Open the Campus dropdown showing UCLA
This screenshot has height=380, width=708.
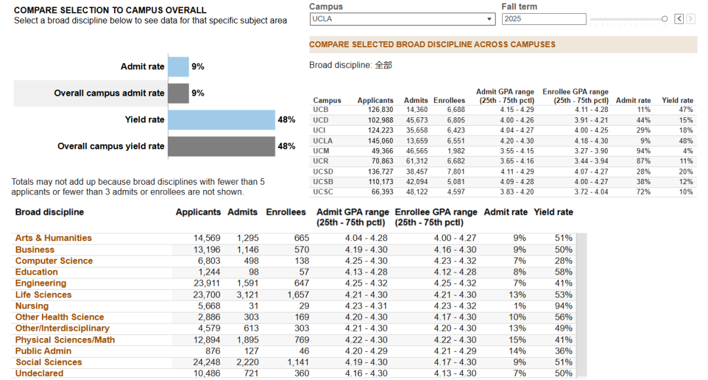(x=403, y=19)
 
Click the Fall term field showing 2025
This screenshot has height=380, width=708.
(x=544, y=19)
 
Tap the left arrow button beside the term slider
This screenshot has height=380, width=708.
(x=679, y=18)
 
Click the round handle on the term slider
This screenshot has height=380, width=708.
(x=665, y=19)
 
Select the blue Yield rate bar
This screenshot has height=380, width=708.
(x=222, y=120)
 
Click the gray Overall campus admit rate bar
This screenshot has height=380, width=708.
(x=178, y=93)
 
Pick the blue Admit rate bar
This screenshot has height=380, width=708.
(x=178, y=67)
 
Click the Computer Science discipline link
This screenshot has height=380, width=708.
(x=54, y=261)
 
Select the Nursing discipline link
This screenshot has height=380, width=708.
(x=31, y=306)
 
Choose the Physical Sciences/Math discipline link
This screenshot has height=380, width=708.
(x=65, y=340)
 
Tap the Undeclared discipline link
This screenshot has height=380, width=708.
(x=39, y=373)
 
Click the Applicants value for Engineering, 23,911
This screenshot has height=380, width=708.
(x=206, y=284)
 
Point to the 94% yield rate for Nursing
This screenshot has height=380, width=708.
(x=564, y=306)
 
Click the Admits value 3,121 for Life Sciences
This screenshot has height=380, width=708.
(x=248, y=295)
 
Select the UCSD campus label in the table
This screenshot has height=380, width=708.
(x=323, y=172)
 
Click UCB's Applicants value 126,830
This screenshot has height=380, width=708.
(x=380, y=109)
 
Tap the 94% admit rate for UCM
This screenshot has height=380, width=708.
(x=644, y=151)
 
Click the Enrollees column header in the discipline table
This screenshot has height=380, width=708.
(x=286, y=212)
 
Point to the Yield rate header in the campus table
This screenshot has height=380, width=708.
(x=677, y=101)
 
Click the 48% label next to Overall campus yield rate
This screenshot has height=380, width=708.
(x=286, y=146)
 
